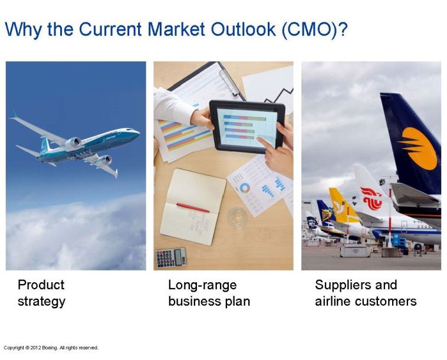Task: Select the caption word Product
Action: pyautogui.click(x=41, y=285)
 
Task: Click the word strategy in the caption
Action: pyautogui.click(x=42, y=302)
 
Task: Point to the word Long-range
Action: pyautogui.click(x=202, y=285)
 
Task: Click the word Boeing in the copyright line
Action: pyautogui.click(x=50, y=348)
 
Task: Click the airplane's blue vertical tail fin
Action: pyautogui.click(x=44, y=145)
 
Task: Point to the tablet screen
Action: pyautogui.click(x=247, y=127)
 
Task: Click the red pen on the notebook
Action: pyautogui.click(x=193, y=207)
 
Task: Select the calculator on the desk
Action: pyautogui.click(x=172, y=257)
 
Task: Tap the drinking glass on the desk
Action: pyautogui.click(x=238, y=217)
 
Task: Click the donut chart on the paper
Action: pyautogui.click(x=245, y=188)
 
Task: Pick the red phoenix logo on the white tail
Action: pyautogui.click(x=372, y=199)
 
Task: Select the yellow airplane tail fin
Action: pyautogui.click(x=343, y=205)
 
